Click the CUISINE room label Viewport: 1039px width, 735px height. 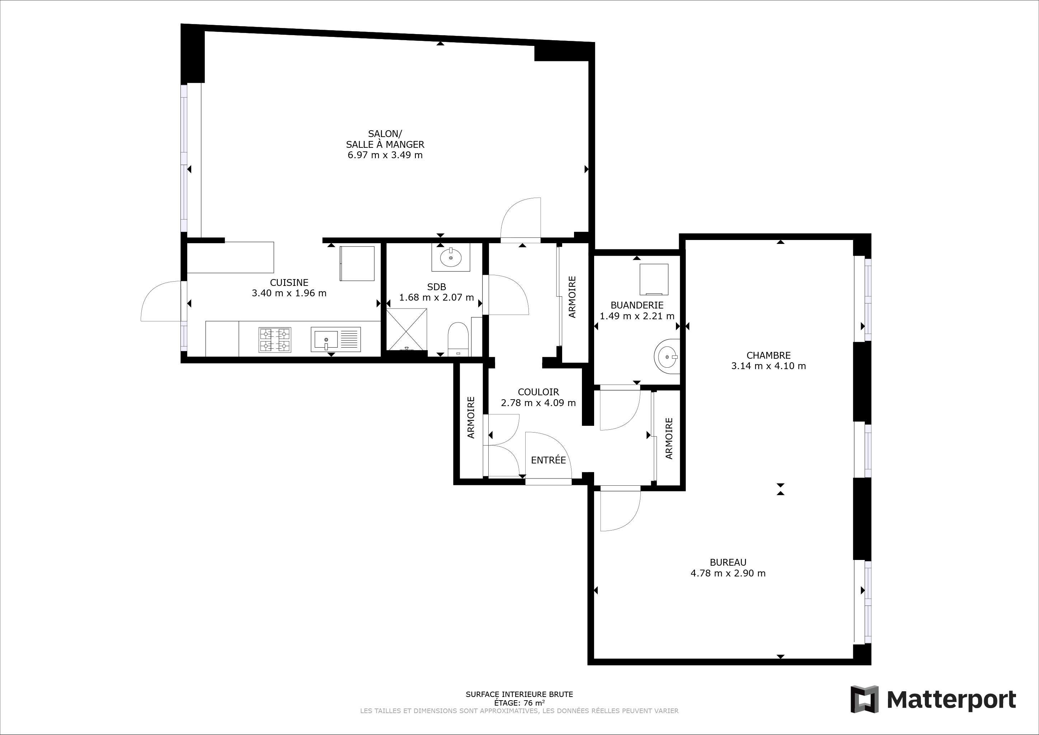click(289, 282)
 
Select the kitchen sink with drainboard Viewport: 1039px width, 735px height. click(336, 339)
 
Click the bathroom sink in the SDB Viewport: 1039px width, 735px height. click(451, 257)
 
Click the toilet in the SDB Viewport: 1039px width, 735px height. click(457, 339)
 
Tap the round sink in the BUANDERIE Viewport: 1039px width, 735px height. click(667, 356)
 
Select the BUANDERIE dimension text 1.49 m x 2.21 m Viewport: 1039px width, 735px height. click(637, 316)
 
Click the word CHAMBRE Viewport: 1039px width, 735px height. click(768, 356)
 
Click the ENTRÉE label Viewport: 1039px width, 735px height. click(549, 460)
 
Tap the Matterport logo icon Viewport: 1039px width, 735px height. click(864, 699)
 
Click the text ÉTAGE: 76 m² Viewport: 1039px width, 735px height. click(519, 703)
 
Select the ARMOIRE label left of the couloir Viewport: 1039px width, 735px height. click(471, 417)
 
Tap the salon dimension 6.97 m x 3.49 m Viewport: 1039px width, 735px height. click(385, 155)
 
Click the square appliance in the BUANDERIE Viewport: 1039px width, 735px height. click(654, 279)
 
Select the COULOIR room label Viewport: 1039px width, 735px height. click(539, 392)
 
